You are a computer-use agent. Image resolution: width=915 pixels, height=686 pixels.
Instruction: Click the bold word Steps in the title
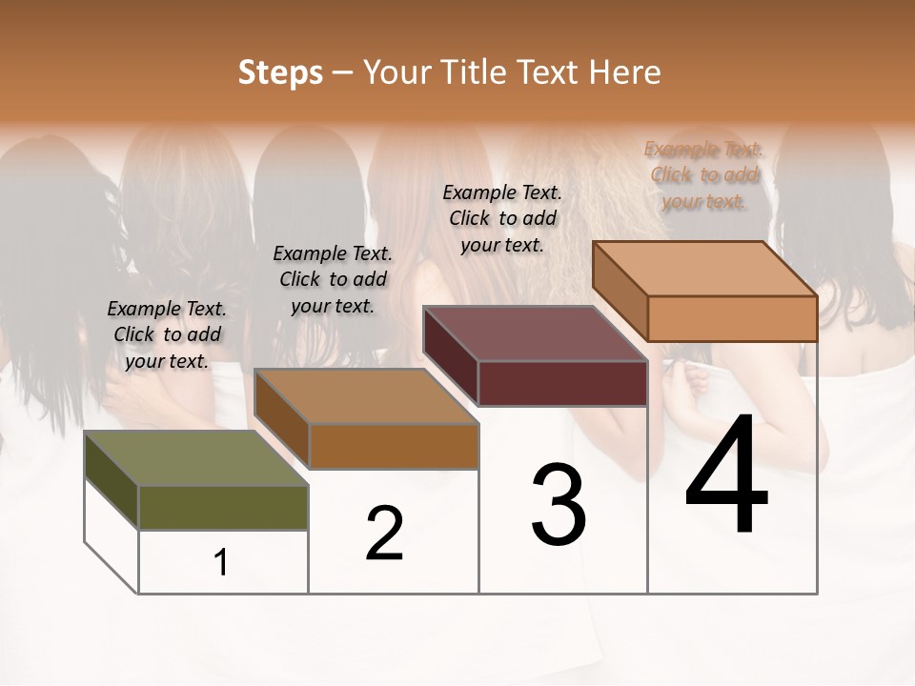(x=280, y=72)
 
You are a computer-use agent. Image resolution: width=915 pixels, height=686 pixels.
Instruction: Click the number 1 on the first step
(x=221, y=563)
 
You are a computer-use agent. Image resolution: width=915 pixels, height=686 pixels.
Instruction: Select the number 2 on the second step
(x=384, y=534)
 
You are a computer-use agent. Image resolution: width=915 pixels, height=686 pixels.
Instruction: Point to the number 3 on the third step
(x=559, y=504)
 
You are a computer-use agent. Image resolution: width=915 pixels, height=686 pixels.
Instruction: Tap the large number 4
(x=726, y=475)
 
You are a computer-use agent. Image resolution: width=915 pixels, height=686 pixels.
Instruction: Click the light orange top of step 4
(x=705, y=269)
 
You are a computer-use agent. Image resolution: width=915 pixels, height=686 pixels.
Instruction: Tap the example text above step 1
(x=167, y=334)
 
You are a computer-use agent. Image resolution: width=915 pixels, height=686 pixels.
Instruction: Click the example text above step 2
(x=333, y=279)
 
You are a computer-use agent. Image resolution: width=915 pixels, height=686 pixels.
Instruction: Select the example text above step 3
(x=502, y=218)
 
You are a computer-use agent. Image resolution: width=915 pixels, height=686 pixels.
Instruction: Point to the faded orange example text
(x=704, y=174)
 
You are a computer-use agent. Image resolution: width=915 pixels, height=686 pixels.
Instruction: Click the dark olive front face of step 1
(x=223, y=508)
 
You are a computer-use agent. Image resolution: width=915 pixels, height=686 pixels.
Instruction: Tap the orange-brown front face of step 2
(x=393, y=446)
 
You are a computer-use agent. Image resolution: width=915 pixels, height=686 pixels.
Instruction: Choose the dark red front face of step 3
(x=562, y=383)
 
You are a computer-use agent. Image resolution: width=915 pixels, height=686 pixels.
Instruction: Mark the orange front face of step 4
(x=732, y=318)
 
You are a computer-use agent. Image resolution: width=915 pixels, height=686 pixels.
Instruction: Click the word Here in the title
(x=627, y=72)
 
